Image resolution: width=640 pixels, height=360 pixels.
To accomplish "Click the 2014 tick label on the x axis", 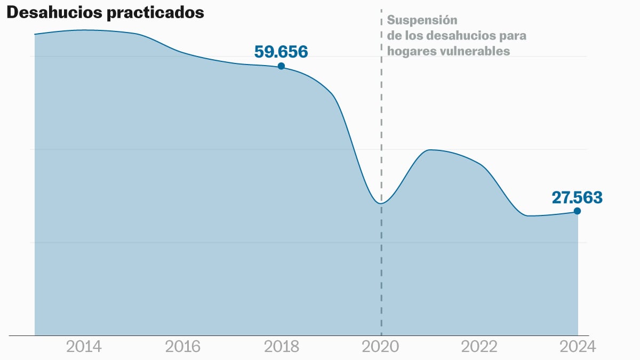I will tap(84, 347).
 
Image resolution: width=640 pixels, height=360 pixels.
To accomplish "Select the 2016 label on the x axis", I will tap(183, 347).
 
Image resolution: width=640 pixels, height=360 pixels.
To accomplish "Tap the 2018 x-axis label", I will tap(282, 347).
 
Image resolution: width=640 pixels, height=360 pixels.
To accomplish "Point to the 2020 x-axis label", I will tap(380, 347).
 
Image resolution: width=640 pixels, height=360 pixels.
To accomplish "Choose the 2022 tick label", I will tap(479, 347).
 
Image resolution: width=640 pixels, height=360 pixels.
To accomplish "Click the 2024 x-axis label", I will tap(578, 347).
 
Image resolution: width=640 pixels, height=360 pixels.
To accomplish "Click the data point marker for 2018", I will tap(281, 66).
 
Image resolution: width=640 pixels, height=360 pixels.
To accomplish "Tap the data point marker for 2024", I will tap(577, 211).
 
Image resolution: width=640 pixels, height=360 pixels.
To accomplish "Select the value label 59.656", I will tap(281, 52).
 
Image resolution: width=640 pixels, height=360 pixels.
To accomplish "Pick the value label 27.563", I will tap(577, 197).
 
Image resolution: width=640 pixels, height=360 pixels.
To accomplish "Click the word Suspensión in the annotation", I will tap(422, 20).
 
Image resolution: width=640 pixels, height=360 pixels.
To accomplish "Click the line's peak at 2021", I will tap(430, 150).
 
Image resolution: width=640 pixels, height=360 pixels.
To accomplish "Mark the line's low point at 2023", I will tap(528, 215).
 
